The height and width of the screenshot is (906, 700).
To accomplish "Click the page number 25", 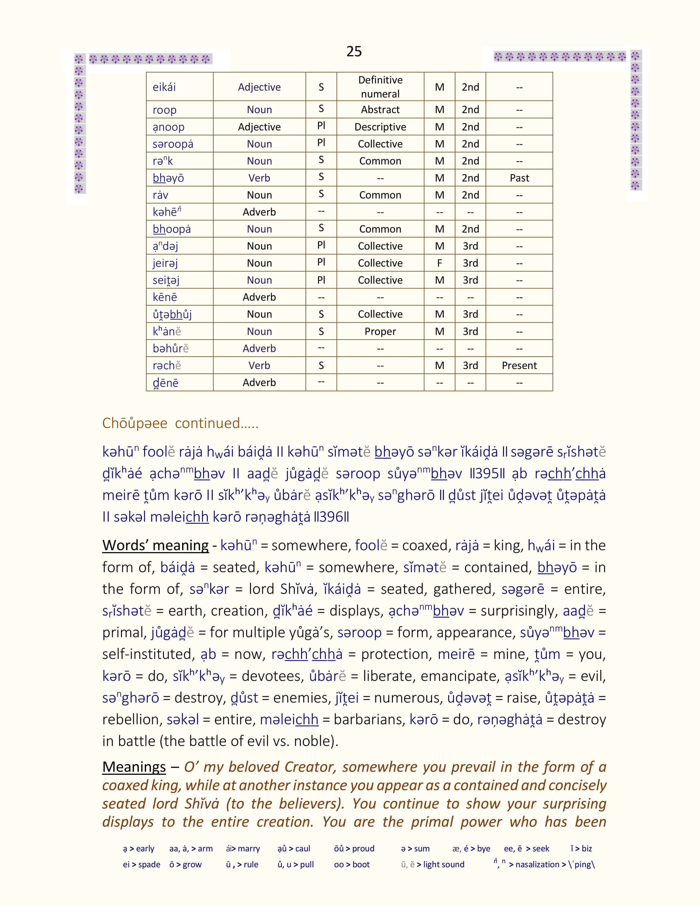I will (x=354, y=51).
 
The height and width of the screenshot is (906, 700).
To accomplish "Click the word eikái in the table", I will (x=164, y=87).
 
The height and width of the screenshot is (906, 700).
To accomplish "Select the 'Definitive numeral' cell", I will (x=380, y=87).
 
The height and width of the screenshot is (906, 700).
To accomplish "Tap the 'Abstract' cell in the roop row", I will (x=380, y=110).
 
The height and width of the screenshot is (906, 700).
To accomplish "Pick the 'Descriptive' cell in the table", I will (x=380, y=127).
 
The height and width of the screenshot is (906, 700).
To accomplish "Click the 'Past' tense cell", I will (x=519, y=178).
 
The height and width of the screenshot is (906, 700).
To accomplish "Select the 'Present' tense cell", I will (x=519, y=365).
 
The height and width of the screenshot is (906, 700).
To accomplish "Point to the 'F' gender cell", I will (x=439, y=263).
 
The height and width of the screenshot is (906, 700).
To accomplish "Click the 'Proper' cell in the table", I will (x=380, y=331).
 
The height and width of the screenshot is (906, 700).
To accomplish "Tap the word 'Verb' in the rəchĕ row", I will (x=259, y=365).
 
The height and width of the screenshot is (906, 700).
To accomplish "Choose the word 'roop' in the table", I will (x=165, y=110).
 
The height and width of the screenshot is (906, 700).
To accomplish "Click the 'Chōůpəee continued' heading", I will (x=180, y=423).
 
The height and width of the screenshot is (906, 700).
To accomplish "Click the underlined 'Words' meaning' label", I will (x=155, y=545).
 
